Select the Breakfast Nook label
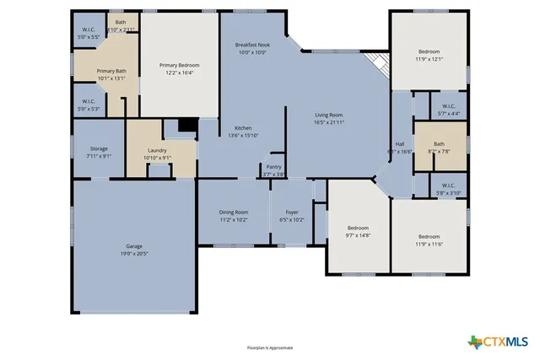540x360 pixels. (251, 44)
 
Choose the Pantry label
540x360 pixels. (273, 167)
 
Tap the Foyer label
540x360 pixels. (291, 212)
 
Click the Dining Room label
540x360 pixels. (234, 212)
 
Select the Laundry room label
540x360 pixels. (158, 150)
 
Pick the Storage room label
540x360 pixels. (99, 148)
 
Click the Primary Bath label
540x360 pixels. (111, 71)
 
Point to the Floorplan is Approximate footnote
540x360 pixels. (269, 347)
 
